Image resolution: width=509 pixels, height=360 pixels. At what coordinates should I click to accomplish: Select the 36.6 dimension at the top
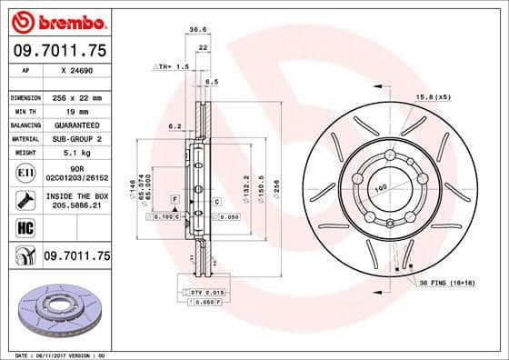click(x=195, y=29)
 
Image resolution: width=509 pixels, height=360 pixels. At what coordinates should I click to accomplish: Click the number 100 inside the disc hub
click(x=382, y=187)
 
